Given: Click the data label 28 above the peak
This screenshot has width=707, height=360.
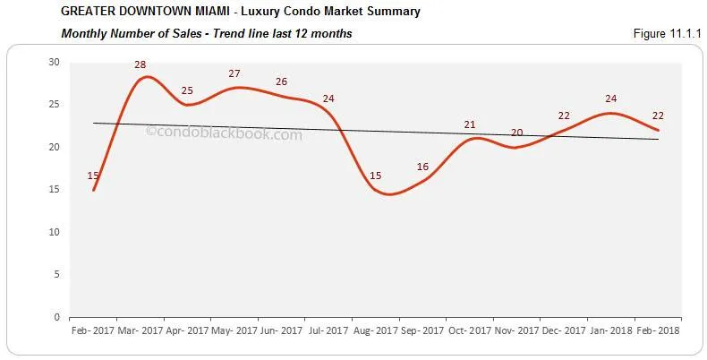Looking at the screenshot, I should pos(141,64).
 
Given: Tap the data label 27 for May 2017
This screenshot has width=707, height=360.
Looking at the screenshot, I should pos(234,74).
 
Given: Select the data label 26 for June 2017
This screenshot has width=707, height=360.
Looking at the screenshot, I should pos(281,82).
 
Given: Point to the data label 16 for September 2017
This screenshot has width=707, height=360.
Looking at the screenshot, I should pos(422,167).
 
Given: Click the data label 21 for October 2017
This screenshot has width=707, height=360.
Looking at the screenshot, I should pos(470,124).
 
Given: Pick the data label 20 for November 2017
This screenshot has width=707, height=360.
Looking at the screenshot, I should pos(516,133).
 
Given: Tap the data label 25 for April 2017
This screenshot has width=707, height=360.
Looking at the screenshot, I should pos(187,90).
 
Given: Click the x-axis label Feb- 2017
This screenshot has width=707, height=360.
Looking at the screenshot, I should pos(93,331).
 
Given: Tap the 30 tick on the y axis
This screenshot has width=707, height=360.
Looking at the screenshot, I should pos(54,62).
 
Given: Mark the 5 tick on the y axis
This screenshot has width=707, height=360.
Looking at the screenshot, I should pos(56,274).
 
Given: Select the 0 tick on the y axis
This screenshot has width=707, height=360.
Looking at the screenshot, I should pos(56,317).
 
